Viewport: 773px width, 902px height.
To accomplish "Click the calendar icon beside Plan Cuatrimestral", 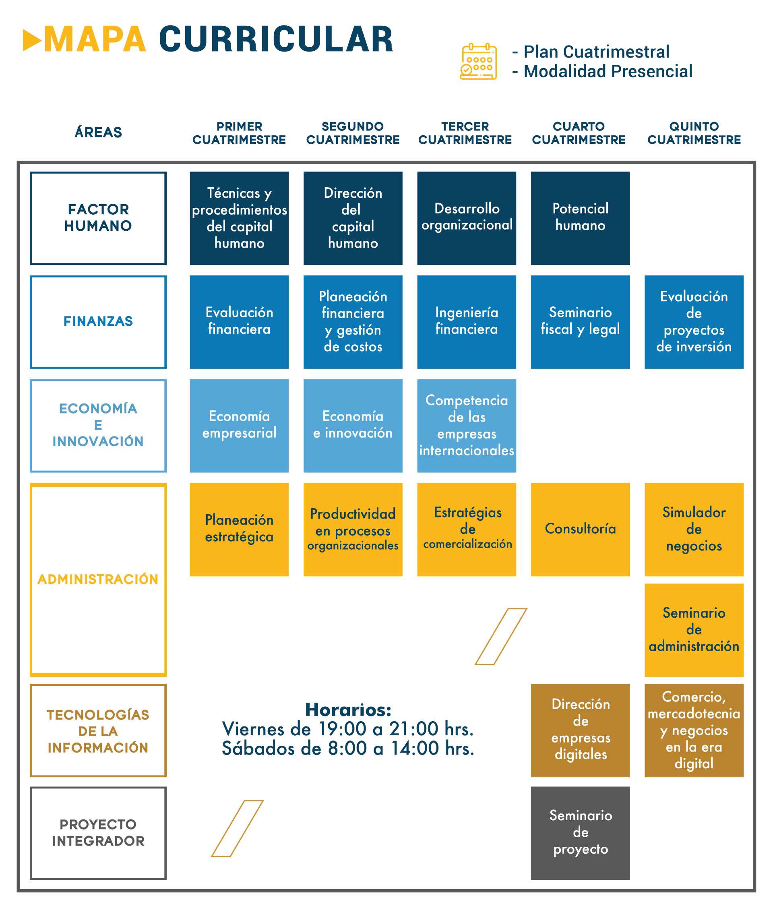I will click(x=478, y=61).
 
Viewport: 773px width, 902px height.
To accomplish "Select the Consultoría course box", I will click(x=580, y=530).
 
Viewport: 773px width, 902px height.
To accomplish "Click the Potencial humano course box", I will click(x=580, y=218).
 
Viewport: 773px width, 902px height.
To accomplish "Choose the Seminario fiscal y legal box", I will click(x=580, y=321).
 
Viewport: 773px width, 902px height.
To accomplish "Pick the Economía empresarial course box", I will click(x=239, y=425).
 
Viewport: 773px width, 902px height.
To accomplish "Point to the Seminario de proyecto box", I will click(x=580, y=833).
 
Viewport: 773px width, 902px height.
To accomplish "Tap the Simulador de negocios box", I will click(x=694, y=530).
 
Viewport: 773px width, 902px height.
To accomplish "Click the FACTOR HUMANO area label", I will click(x=98, y=218).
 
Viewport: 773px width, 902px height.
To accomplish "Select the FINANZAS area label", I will click(x=98, y=321).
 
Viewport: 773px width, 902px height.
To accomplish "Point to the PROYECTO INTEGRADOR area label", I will click(x=98, y=833).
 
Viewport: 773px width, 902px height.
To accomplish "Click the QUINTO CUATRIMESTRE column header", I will click(x=694, y=133).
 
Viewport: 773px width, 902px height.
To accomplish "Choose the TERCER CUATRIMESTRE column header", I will click(x=465, y=133).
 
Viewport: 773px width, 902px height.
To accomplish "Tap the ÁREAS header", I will click(x=98, y=132).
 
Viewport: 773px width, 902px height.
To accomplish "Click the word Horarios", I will click(x=348, y=710).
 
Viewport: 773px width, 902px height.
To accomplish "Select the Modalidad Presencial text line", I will click(x=608, y=71).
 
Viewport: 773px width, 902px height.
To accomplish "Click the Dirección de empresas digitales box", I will click(x=580, y=730).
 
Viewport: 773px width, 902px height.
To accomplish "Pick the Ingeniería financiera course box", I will click(x=466, y=321).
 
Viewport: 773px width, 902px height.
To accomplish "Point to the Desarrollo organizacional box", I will click(x=466, y=218).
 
